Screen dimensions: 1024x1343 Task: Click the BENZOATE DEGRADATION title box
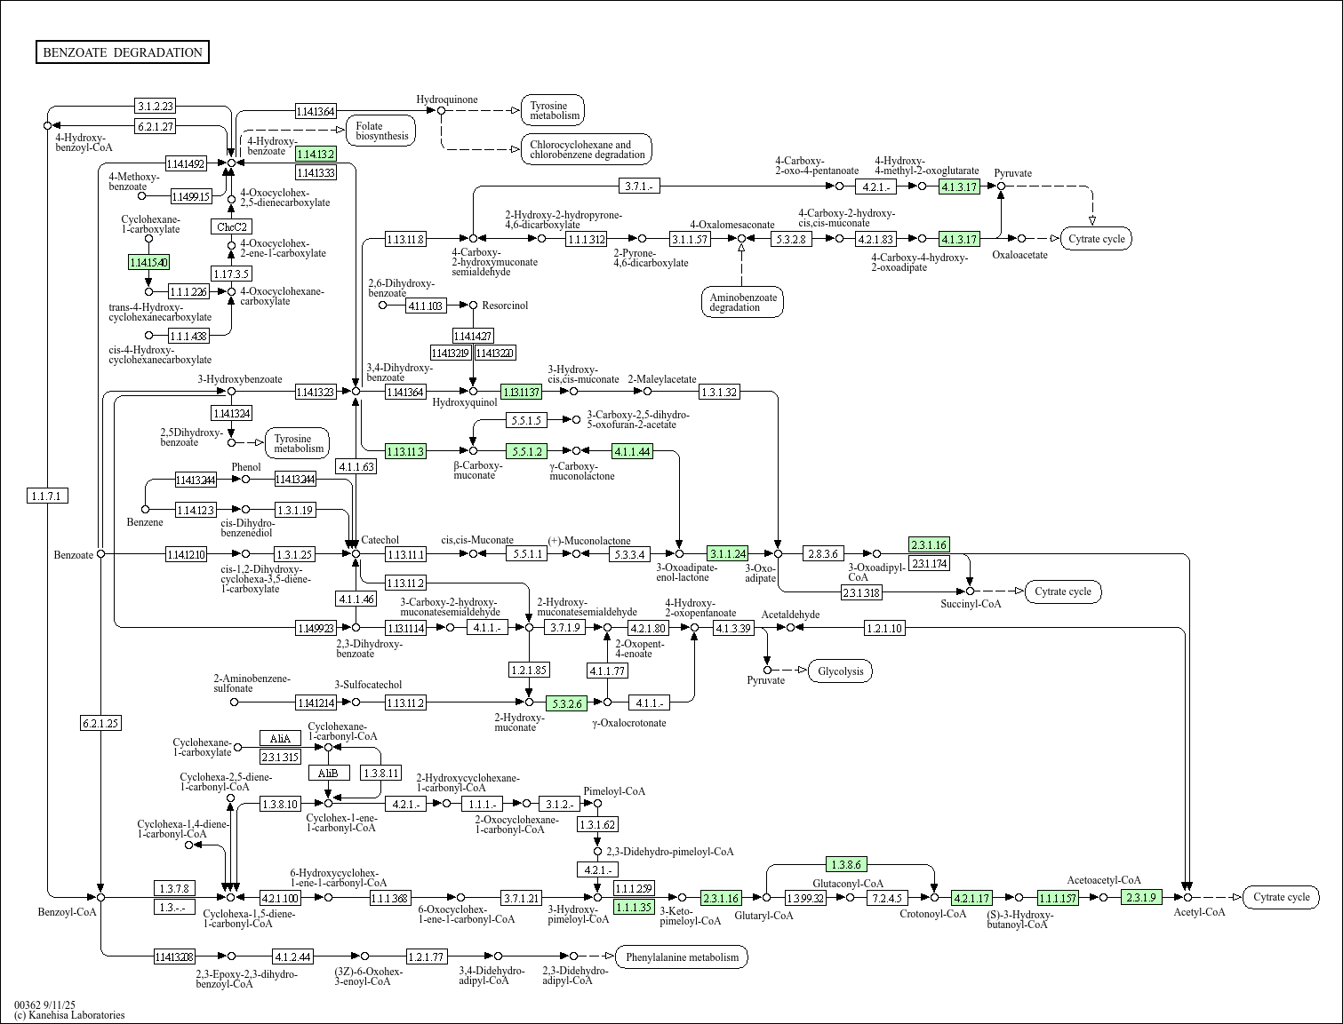[x=123, y=52]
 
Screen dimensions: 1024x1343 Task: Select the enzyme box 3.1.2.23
[x=155, y=106]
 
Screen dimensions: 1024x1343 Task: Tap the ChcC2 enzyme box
[x=231, y=226]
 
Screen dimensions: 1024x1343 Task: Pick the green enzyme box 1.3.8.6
[x=845, y=864]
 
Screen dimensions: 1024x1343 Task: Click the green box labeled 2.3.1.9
[x=1141, y=897]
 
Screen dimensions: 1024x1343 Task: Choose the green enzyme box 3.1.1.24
[x=727, y=553]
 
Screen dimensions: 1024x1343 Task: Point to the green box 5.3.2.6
[x=566, y=703]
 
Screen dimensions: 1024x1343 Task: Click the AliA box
[x=280, y=738]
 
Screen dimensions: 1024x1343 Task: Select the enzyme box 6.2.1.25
[x=100, y=723]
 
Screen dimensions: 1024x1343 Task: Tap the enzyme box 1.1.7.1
[x=47, y=496]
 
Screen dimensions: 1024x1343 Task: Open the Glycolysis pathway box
[x=840, y=671]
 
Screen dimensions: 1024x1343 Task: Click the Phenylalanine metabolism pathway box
[x=682, y=957]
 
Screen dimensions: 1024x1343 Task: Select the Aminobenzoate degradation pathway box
[x=742, y=302]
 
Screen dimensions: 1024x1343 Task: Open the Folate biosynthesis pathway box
[x=381, y=131]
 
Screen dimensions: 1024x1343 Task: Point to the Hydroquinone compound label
[x=447, y=99]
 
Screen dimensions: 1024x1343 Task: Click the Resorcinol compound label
[x=505, y=306]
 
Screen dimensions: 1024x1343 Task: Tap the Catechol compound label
[x=380, y=540]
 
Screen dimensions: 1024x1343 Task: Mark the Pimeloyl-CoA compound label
[x=614, y=790]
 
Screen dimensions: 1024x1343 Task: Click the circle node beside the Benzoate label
[x=100, y=553]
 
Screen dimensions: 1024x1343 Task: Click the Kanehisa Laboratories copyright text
[x=69, y=1014]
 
